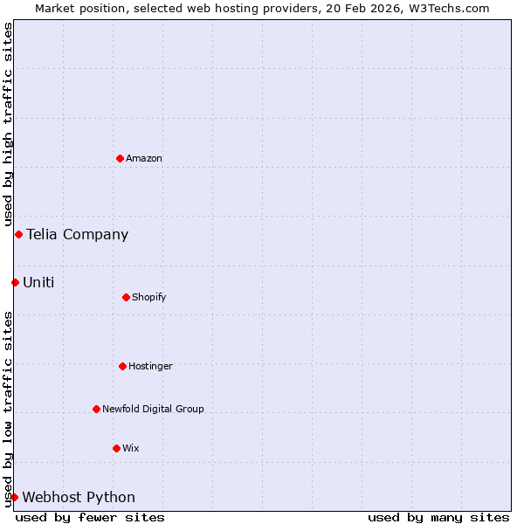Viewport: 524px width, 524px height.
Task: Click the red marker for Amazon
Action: (x=120, y=158)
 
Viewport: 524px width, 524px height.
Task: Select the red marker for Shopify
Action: (x=126, y=297)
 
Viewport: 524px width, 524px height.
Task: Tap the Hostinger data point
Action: (x=122, y=366)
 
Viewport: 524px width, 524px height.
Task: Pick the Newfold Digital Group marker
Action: (x=96, y=409)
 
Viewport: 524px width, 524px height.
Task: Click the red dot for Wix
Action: (x=116, y=448)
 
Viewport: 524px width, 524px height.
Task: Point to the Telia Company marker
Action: (x=18, y=234)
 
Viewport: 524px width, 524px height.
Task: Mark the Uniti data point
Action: (x=15, y=282)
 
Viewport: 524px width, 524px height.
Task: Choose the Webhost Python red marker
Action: (x=14, y=497)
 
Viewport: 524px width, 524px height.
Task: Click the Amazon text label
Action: (x=144, y=158)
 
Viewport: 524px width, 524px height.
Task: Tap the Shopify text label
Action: (x=149, y=297)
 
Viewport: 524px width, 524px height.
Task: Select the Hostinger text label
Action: (x=151, y=366)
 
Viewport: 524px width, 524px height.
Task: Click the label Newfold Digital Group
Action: (x=153, y=409)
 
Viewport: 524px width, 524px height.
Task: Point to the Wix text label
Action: (x=131, y=448)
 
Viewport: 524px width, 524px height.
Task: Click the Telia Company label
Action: (x=77, y=234)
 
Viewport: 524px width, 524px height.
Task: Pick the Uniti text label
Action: (x=38, y=282)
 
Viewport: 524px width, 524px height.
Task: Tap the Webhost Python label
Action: (x=79, y=497)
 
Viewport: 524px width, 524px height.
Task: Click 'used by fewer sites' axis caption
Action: (x=90, y=517)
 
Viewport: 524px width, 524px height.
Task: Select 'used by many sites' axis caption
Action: (x=438, y=517)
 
